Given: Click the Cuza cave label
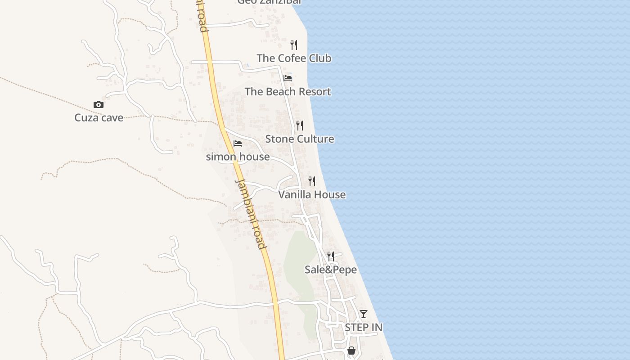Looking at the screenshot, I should (99, 118).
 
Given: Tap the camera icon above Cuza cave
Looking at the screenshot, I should (99, 105).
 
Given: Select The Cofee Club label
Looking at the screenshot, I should (294, 58).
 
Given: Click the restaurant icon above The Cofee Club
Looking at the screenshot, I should (294, 45).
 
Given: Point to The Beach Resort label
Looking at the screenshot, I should (288, 92).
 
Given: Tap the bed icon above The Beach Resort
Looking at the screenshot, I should (288, 78).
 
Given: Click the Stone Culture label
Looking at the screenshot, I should (300, 139).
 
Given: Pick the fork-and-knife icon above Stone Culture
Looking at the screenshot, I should (300, 126).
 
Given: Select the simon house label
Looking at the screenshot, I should (238, 157).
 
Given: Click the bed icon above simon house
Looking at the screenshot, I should (238, 144).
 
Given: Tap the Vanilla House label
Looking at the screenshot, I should (312, 194).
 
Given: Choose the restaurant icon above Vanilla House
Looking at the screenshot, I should (311, 181).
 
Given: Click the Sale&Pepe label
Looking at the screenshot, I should (331, 270).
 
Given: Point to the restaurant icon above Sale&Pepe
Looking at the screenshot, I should (331, 256).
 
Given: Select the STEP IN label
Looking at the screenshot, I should (364, 328).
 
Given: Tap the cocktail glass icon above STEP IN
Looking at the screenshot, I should (364, 314).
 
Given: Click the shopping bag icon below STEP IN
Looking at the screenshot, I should (351, 351).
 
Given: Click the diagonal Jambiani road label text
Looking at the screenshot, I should (250, 214).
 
